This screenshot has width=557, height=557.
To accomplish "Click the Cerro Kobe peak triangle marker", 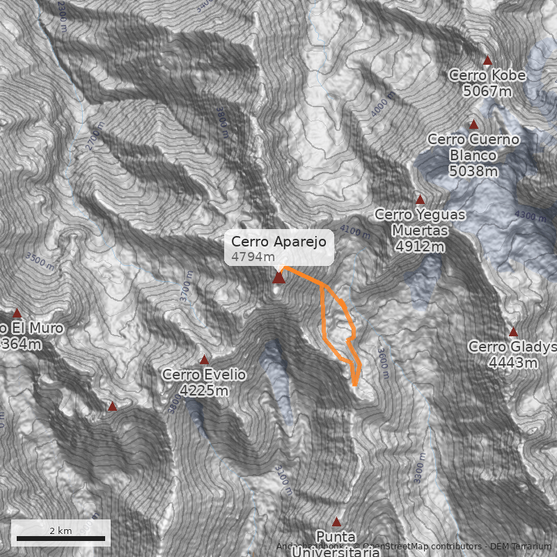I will (x=487, y=61).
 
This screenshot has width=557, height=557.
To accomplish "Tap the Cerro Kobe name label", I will (x=487, y=75).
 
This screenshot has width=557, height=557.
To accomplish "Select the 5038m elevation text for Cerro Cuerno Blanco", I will (x=473, y=171).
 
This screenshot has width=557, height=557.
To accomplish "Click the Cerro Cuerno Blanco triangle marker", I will (x=473, y=125).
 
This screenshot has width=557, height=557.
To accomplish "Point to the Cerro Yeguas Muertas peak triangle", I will (x=420, y=200).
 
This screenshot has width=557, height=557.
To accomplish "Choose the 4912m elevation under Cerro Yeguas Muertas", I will (x=419, y=246).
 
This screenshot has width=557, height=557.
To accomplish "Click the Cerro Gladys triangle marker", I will (x=513, y=332).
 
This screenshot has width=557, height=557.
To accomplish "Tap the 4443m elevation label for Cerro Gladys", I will (x=513, y=362).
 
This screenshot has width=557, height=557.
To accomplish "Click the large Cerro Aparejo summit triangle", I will (x=278, y=278).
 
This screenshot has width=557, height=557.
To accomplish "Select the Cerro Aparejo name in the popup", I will (x=278, y=242).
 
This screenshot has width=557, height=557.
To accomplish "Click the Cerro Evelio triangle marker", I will (x=204, y=360).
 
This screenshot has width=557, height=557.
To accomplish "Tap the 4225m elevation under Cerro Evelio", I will (x=204, y=391).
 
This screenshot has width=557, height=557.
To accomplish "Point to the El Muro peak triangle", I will (x=17, y=313).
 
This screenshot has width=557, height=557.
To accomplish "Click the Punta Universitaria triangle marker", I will (x=337, y=521).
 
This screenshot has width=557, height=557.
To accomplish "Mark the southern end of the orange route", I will (x=355, y=384).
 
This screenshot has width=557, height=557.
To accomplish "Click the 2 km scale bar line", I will (x=61, y=538).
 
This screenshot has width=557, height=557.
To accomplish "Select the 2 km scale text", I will (x=61, y=531).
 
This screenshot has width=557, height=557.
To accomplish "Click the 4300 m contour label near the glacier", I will (x=531, y=216).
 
